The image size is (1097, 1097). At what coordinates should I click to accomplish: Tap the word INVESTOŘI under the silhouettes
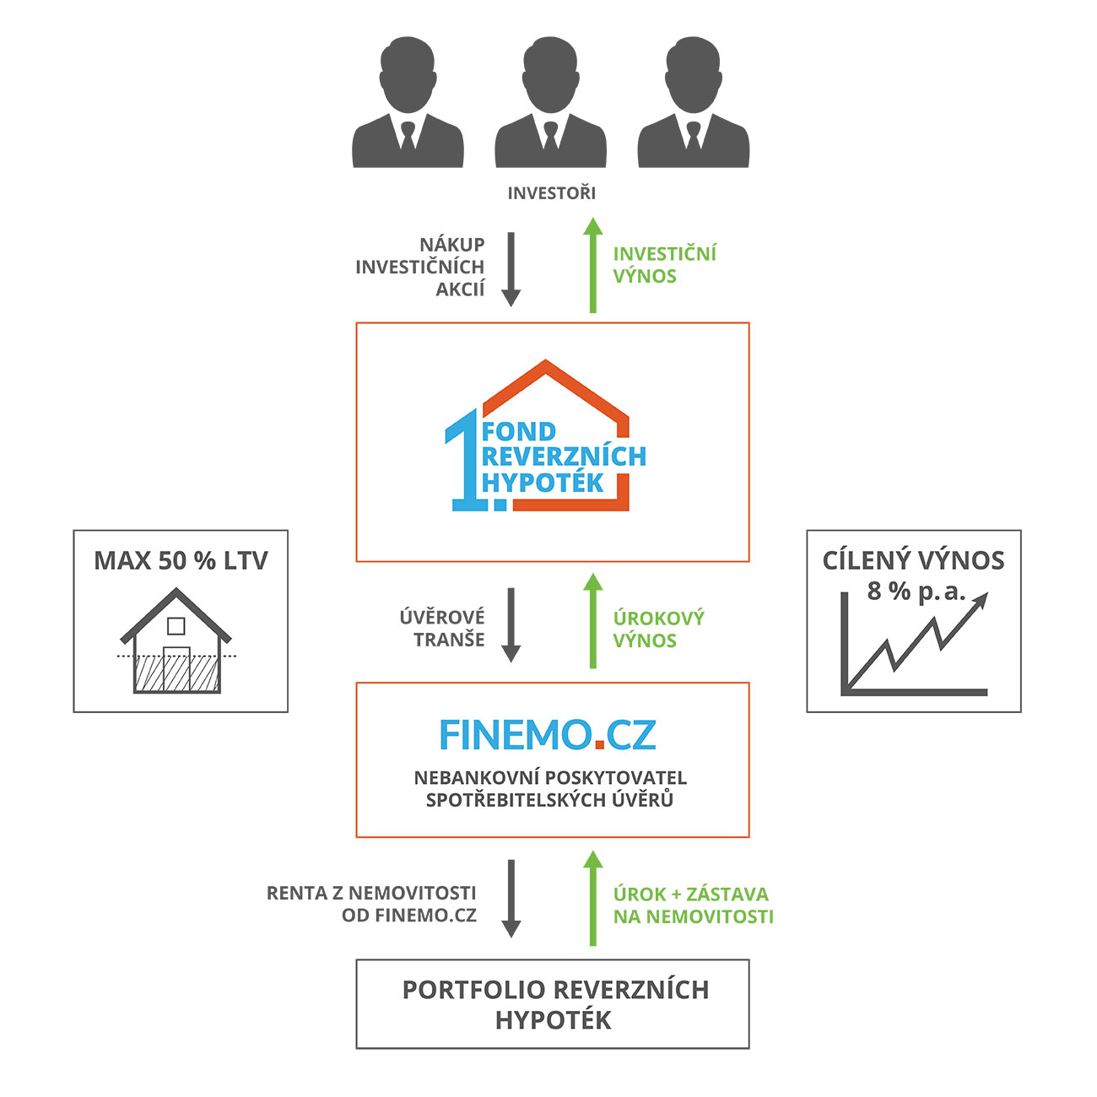coord(551,193)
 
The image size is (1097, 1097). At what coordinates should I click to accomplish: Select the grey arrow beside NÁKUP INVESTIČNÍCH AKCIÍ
coord(511,269)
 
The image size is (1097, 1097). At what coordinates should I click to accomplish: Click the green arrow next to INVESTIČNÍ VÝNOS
coord(593,266)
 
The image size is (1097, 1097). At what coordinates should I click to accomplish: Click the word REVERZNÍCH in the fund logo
coord(564,457)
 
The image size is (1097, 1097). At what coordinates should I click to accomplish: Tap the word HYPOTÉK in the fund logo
coord(543,484)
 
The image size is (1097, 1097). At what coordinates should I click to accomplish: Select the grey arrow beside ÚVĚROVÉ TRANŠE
coord(511,624)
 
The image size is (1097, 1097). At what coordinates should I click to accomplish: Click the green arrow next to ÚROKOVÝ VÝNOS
coord(593,621)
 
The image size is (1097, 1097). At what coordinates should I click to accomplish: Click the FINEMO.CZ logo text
coord(548,735)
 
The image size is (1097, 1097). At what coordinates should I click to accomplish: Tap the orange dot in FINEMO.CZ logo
coord(599,745)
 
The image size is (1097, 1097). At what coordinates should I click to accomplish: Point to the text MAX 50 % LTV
coord(181,561)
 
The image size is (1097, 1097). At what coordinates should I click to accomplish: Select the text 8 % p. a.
coord(916,592)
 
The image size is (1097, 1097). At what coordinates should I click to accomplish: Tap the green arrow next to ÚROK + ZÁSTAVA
coord(593,899)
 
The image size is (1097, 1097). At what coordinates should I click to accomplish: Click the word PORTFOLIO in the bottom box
coord(462,990)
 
